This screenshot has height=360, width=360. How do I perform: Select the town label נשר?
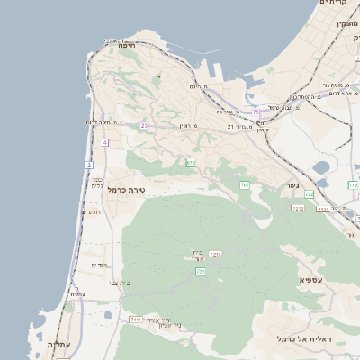(292, 185)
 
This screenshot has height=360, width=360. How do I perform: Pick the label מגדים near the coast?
(99, 265)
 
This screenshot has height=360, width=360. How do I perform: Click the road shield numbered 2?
(89, 166)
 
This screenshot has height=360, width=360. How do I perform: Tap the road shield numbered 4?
(105, 142)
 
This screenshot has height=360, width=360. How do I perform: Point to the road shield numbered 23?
(144, 126)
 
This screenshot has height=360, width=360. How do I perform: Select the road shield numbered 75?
(256, 112)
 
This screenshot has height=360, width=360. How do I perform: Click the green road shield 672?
(191, 163)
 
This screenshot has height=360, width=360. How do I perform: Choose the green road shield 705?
(244, 185)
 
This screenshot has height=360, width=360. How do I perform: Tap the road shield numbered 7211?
(215, 256)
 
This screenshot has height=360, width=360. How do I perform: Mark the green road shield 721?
(201, 271)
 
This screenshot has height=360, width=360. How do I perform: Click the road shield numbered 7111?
(136, 319)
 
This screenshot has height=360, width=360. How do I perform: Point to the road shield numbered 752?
(309, 194)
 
